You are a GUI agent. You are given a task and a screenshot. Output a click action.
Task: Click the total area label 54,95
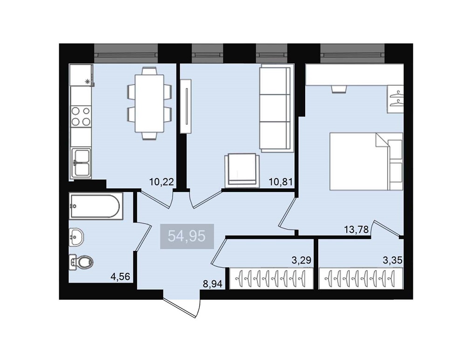187,236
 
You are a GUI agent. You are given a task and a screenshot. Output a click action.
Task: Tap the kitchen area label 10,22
161,181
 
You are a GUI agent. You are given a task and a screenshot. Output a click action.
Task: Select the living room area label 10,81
281,181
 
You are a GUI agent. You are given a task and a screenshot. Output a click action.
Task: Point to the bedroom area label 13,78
356,229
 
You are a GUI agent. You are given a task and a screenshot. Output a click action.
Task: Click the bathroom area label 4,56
120,277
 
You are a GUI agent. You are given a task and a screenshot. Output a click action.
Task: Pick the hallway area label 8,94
212,284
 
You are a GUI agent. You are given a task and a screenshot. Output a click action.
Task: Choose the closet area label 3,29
302,261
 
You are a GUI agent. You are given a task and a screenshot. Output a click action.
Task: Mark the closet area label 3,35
392,261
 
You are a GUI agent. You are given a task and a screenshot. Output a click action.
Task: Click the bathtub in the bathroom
96,206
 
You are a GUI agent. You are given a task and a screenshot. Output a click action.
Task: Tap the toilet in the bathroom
81,262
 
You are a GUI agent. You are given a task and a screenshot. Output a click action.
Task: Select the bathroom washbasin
76,237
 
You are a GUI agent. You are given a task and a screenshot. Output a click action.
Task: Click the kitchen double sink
81,163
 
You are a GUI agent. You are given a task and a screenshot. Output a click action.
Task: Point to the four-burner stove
81,116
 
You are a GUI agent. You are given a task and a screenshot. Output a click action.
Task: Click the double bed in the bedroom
366,161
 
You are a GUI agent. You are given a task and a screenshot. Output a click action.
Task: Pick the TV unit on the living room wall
186,106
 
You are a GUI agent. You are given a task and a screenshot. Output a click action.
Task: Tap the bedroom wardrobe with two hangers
395,99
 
